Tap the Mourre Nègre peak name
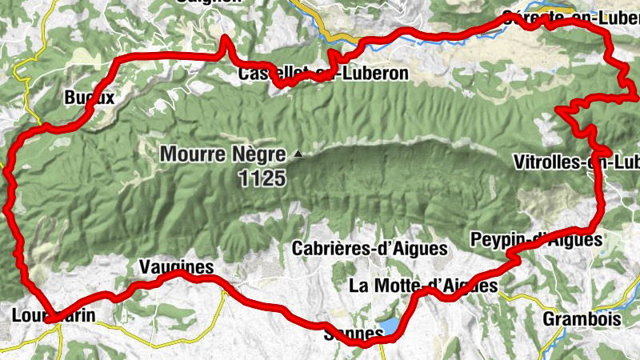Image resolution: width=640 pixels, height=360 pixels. tap(226, 154)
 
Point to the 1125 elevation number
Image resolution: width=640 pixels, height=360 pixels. tap(261, 178)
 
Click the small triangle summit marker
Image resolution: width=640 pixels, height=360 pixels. tap(299, 154)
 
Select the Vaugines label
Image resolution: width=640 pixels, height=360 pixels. tap(176, 266)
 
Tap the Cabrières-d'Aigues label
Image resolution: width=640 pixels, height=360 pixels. tap(370, 248)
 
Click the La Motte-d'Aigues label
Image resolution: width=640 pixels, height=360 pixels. tap(424, 285)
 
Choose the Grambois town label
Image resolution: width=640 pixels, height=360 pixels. tap(582, 319)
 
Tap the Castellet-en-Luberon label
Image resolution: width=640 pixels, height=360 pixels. tap(323, 74)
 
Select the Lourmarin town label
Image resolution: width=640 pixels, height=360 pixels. tap(54, 315)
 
